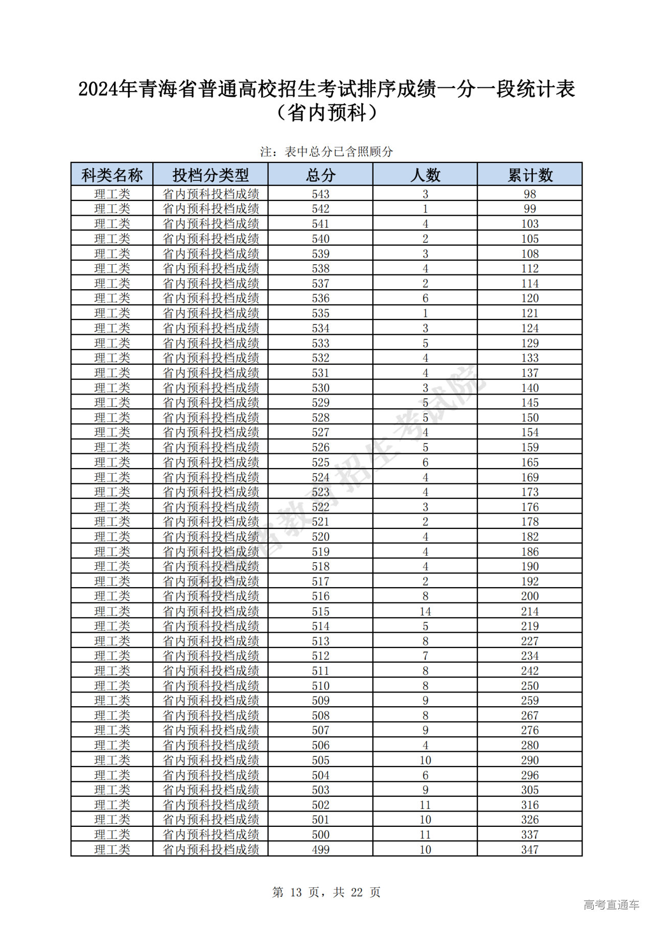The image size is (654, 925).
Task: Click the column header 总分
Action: click(320, 175)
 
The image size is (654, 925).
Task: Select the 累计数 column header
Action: click(530, 175)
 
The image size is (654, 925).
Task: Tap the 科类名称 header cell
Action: click(112, 175)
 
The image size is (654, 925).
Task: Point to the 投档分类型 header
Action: click(211, 175)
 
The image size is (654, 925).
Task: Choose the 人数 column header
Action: click(425, 175)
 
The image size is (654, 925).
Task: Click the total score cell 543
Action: click(320, 194)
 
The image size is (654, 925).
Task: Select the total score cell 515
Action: click(320, 611)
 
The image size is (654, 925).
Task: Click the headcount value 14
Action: click(425, 611)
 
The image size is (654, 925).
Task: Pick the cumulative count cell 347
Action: click(530, 849)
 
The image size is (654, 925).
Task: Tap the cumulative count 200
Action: click(530, 596)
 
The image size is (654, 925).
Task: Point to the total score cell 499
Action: click(320, 849)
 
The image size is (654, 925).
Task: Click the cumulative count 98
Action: click(530, 194)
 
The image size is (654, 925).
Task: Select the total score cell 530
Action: click(320, 388)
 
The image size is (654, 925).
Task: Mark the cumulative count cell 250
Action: click(530, 686)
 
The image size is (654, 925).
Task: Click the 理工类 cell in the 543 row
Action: click(112, 194)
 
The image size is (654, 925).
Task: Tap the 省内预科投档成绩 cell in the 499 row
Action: click(211, 849)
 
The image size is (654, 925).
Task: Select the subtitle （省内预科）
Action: click(326, 113)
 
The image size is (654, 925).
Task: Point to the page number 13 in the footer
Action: click(296, 892)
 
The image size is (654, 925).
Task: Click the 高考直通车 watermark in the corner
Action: click(611, 905)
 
